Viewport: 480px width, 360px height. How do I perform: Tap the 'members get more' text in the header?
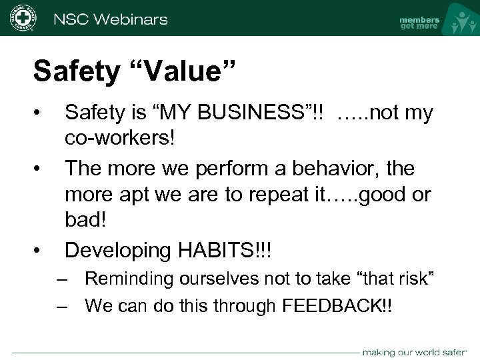pyautogui.click(x=419, y=23)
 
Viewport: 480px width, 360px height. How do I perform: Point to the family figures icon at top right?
pyautogui.click(x=459, y=20)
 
